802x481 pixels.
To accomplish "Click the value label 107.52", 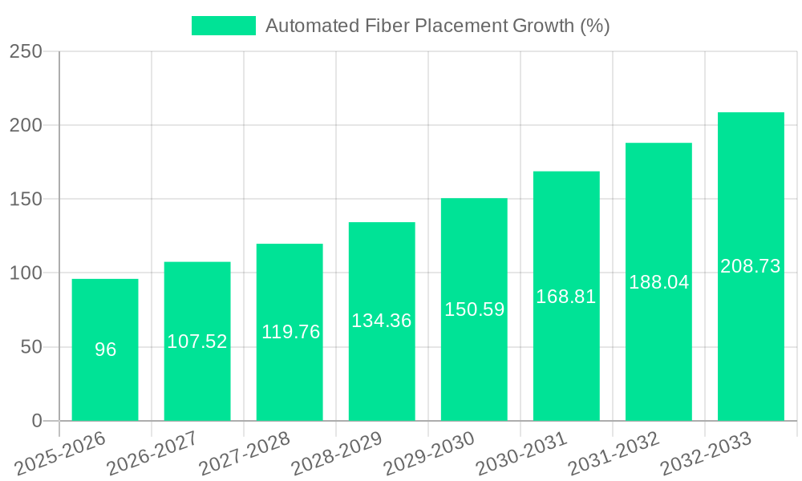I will (197, 342).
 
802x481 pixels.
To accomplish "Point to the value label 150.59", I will (474, 309).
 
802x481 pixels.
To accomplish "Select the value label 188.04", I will (658, 282).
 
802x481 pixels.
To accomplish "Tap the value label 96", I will (105, 350).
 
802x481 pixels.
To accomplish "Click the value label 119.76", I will (290, 332).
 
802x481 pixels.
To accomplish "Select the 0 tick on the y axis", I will (37, 421).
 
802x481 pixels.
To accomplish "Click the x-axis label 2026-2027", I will (152, 453).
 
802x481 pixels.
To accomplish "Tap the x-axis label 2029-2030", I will (429, 453).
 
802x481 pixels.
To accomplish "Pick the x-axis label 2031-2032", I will (614, 453).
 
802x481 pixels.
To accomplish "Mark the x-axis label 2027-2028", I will (245, 453).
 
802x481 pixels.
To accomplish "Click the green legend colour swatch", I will (223, 26).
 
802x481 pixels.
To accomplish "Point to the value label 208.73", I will (751, 266).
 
